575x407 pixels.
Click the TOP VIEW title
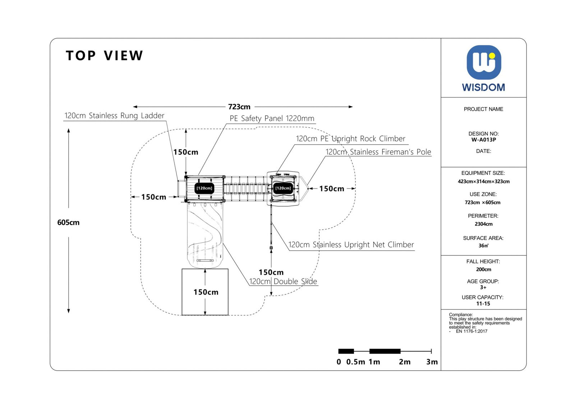point(105,56)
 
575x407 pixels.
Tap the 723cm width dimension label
point(239,107)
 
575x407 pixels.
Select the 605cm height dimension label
point(68,222)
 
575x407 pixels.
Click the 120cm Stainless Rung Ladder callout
point(114,116)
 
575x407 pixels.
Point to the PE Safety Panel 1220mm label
point(272,118)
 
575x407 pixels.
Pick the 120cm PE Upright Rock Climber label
point(350,139)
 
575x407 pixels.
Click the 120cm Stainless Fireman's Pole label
point(378,152)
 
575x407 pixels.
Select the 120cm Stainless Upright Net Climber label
point(351,245)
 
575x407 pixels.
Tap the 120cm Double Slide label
point(283,281)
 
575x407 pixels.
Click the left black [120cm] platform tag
point(204,188)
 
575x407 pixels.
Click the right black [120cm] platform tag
point(283,188)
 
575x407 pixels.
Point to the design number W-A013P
point(483,140)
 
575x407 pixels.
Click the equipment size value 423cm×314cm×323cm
point(483,181)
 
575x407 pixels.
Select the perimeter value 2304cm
point(483,224)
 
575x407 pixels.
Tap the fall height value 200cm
point(483,269)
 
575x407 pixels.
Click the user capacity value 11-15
point(483,303)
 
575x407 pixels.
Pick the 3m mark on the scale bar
point(432,362)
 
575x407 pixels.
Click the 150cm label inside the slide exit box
point(206,292)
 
